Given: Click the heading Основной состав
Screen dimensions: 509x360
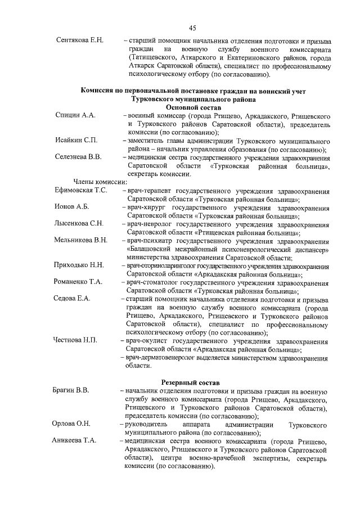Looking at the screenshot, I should (x=192, y=106).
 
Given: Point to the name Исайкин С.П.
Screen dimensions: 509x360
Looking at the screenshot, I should (x=76, y=139).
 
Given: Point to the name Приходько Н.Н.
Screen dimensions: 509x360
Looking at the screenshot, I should (x=79, y=265).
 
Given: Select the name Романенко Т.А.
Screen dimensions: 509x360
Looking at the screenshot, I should (x=78, y=282).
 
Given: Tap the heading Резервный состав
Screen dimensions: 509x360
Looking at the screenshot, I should (x=192, y=382).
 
